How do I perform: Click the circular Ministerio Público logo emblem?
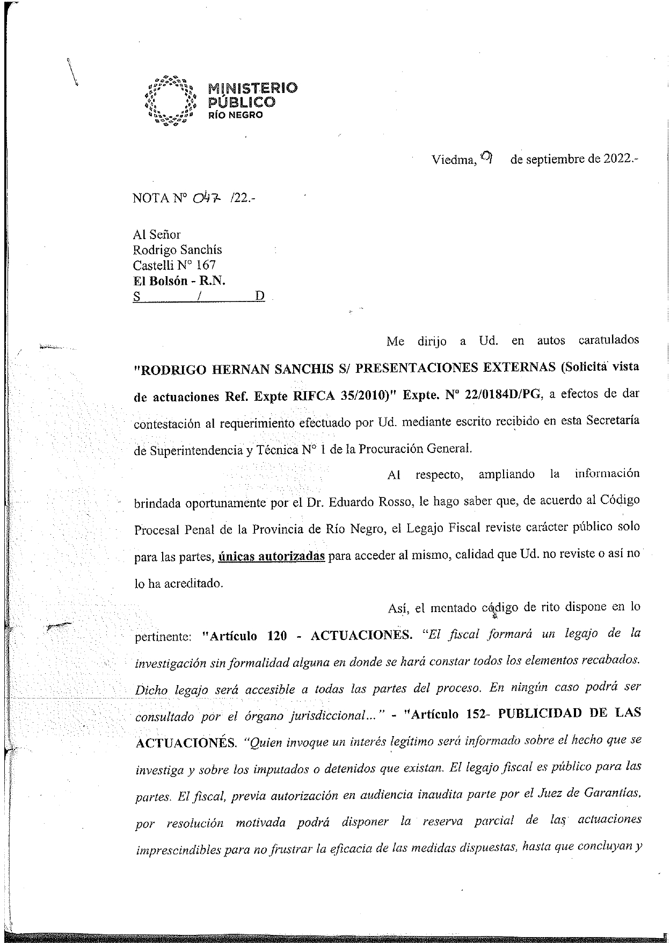click(169, 101)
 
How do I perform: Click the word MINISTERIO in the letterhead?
click(252, 88)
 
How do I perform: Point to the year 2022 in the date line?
click(619, 160)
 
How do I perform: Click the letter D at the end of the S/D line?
click(260, 296)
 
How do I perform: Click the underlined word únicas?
click(237, 556)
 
